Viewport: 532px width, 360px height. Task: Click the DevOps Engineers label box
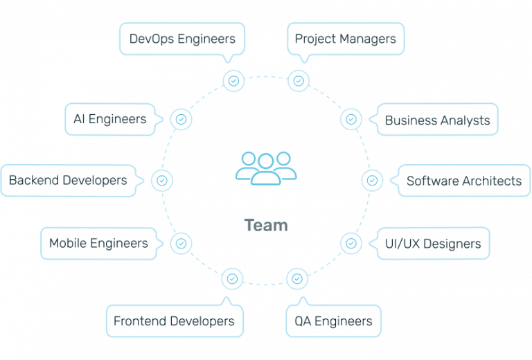tap(182, 38)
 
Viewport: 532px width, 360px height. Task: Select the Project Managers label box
tap(345, 38)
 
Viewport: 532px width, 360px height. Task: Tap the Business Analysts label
tap(437, 120)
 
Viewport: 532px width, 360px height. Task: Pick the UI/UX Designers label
tap(433, 244)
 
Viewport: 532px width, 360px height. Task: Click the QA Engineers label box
tap(333, 321)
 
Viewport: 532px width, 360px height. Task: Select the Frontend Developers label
tap(174, 321)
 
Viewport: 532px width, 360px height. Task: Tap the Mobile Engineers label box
tap(98, 243)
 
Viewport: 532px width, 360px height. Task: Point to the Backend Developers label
tap(67, 181)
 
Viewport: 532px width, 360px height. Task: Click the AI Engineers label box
tap(109, 119)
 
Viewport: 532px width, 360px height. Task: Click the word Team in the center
tap(266, 225)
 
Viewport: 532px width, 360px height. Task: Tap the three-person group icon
tap(266, 167)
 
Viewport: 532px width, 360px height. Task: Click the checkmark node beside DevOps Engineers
tap(233, 80)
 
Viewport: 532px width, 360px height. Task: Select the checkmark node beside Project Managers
tap(299, 80)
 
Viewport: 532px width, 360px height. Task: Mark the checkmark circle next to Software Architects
tap(372, 181)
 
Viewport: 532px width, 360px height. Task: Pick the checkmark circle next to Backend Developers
tap(161, 181)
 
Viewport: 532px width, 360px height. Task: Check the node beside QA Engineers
tap(297, 279)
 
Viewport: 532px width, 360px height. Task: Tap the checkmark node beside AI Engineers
tap(181, 119)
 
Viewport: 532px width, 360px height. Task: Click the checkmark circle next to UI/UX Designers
tap(351, 243)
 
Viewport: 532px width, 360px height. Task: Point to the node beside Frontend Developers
tap(232, 279)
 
